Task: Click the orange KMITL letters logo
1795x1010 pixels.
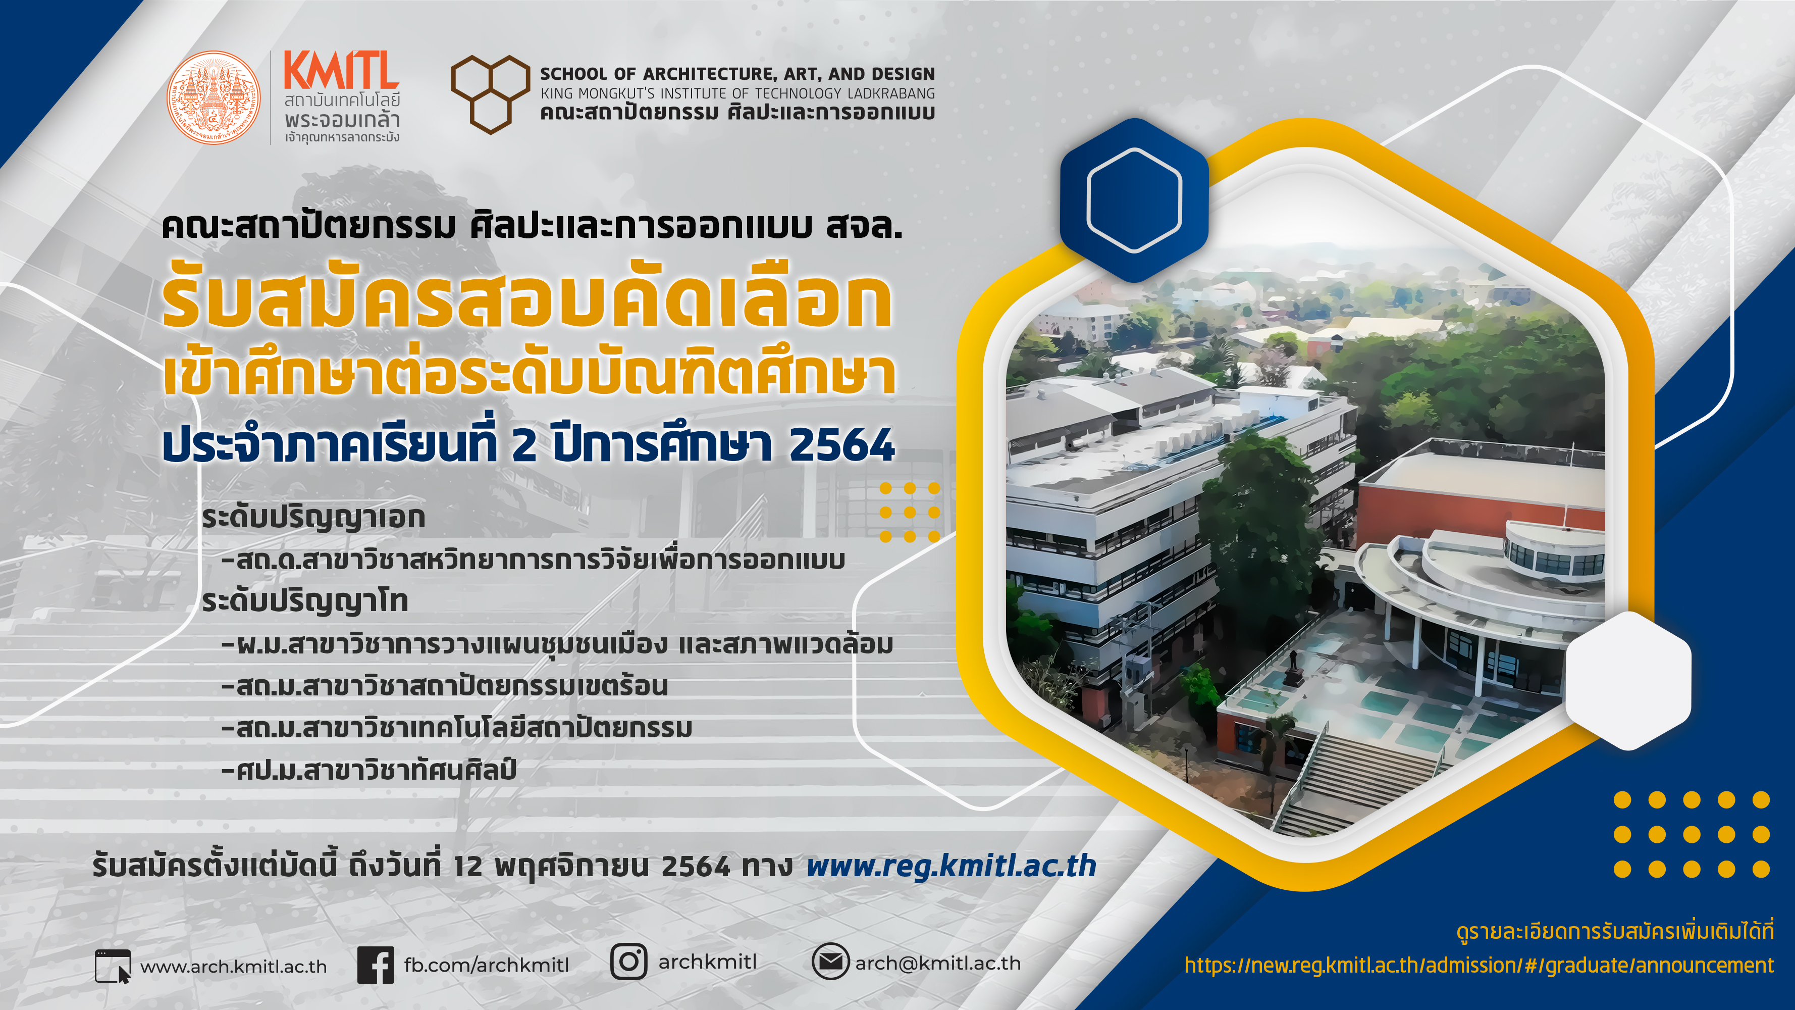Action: [x=341, y=70]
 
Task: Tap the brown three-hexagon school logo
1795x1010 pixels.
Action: [x=491, y=94]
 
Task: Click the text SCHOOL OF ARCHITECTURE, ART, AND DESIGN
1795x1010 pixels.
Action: [x=737, y=74]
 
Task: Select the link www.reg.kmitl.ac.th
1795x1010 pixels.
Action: [x=951, y=866]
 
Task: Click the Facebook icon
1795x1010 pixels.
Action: [x=376, y=965]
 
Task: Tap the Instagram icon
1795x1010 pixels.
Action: [x=628, y=962]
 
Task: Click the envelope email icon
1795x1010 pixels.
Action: [x=830, y=962]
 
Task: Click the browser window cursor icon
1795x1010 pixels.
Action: [x=113, y=966]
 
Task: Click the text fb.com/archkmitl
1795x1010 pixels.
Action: [x=487, y=965]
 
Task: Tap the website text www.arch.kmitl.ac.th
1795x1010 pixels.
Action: [x=233, y=967]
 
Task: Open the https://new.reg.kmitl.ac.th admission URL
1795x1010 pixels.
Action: [x=1479, y=966]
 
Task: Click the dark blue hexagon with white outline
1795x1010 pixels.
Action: [x=1134, y=200]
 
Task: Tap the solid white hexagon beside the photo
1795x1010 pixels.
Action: [x=1628, y=680]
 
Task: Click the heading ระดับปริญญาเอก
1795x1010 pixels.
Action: [x=313, y=518]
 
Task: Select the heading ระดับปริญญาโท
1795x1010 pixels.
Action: [x=305, y=601]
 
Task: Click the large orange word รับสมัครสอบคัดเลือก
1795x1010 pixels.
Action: [x=527, y=297]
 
